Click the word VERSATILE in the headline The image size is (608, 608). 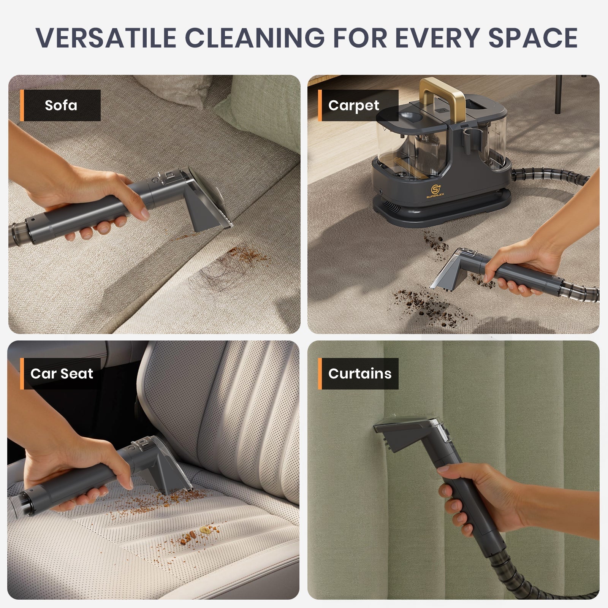[x=106, y=37]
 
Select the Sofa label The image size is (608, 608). [x=61, y=105]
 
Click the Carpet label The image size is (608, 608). [x=353, y=105]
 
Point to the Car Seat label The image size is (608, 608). [x=62, y=374]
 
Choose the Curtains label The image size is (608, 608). [x=359, y=374]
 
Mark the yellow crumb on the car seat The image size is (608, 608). [x=207, y=529]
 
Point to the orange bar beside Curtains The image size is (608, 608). [x=320, y=374]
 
